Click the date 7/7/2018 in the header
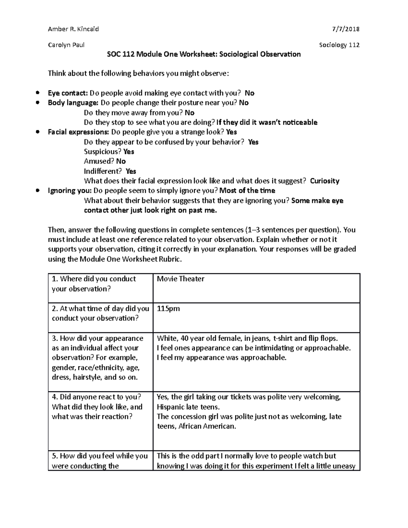(x=346, y=29)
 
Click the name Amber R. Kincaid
(x=73, y=29)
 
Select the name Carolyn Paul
(x=66, y=45)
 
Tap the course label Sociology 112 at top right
(x=339, y=45)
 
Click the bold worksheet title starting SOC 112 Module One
(x=204, y=54)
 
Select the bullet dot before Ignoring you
(x=38, y=191)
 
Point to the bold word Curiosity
(x=324, y=181)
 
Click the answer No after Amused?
(x=121, y=161)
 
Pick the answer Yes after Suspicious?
(x=129, y=152)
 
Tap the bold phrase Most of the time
(x=247, y=191)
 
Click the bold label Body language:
(x=73, y=103)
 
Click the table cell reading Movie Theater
(x=181, y=279)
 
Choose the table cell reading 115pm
(x=168, y=309)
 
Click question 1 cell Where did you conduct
(x=94, y=284)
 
